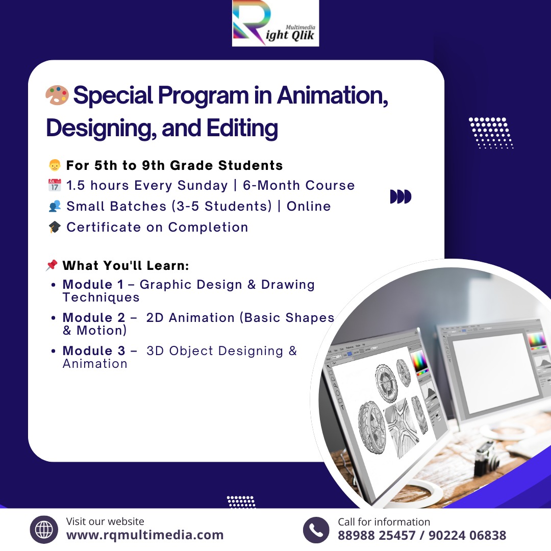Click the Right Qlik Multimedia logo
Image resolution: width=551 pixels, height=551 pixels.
pyautogui.click(x=275, y=23)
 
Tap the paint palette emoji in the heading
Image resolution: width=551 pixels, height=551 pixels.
pyautogui.click(x=57, y=95)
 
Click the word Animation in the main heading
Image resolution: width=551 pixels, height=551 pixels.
pyautogui.click(x=333, y=95)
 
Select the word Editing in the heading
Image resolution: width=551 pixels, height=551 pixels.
pyautogui.click(x=242, y=129)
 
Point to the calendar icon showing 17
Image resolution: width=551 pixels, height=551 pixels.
pyautogui.click(x=55, y=185)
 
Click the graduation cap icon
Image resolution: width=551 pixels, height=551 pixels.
pyautogui.click(x=55, y=227)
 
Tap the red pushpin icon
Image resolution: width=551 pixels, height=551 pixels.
pyautogui.click(x=52, y=265)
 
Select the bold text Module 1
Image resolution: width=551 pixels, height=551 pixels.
pyautogui.click(x=93, y=284)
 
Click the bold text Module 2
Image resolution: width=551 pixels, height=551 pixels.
pyautogui.click(x=94, y=317)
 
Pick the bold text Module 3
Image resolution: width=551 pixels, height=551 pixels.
pyautogui.click(x=94, y=350)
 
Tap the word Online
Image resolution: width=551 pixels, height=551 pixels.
pyautogui.click(x=309, y=206)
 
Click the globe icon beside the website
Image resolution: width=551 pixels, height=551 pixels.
pyautogui.click(x=44, y=530)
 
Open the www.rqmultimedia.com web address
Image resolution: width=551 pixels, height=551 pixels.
pyautogui.click(x=145, y=535)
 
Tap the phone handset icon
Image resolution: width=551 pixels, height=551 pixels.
pyautogui.click(x=316, y=530)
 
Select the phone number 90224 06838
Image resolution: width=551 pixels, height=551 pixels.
pyautogui.click(x=467, y=535)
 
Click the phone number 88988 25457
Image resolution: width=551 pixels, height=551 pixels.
pyautogui.click(x=377, y=535)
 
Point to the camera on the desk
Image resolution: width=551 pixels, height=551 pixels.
pyautogui.click(x=487, y=458)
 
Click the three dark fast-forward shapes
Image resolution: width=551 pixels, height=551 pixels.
pyautogui.click(x=400, y=196)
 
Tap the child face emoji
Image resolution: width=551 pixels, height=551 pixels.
pyautogui.click(x=55, y=165)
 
